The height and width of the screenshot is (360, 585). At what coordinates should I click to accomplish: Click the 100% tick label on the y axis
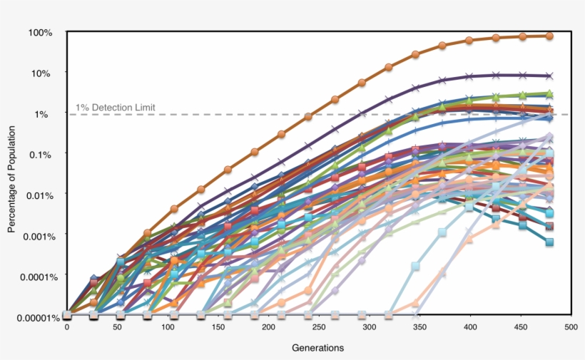pyautogui.click(x=41, y=33)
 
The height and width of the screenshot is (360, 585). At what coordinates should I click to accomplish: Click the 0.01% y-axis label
pyautogui.click(x=39, y=195)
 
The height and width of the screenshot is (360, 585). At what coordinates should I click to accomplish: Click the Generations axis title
pyautogui.click(x=318, y=348)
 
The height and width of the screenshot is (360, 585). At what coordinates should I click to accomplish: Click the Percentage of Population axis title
pyautogui.click(x=12, y=175)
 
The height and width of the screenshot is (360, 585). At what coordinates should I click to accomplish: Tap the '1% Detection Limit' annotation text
pyautogui.click(x=115, y=108)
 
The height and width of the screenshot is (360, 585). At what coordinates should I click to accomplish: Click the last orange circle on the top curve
pyautogui.click(x=550, y=36)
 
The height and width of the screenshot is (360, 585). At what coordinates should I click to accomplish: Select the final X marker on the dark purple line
pyautogui.click(x=549, y=76)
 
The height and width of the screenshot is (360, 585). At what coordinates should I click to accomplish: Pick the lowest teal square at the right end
pyautogui.click(x=550, y=242)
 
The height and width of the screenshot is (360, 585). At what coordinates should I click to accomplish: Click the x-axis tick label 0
pyautogui.click(x=67, y=327)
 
